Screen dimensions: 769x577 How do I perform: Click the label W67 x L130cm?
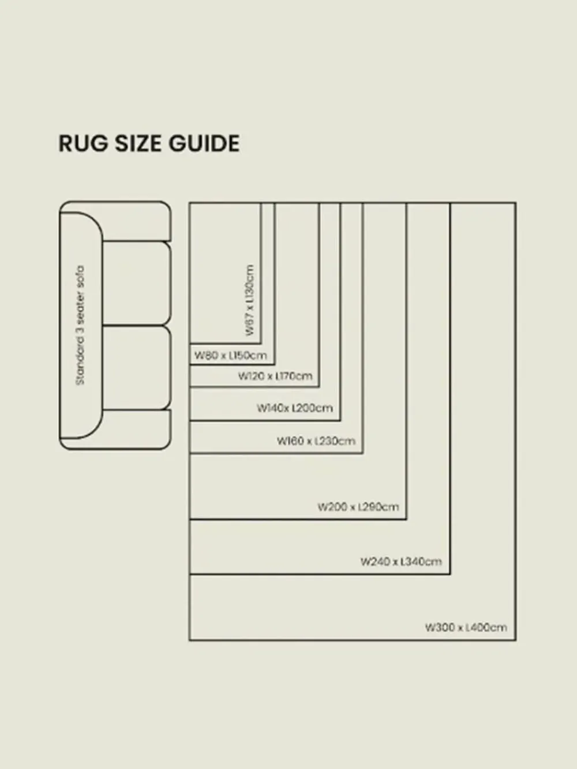pos(249,300)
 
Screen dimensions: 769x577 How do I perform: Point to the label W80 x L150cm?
pos(230,355)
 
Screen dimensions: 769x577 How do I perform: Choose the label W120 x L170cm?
pos(275,376)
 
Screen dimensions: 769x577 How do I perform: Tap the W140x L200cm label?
pos(295,408)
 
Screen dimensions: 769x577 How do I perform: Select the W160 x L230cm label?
pos(316,441)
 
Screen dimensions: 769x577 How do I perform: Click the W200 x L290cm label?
pos(358,507)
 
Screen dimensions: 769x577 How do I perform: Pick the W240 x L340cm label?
pos(401,561)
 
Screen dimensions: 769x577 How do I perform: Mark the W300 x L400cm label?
pos(466,627)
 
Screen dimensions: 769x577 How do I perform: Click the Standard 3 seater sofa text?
pos(80,325)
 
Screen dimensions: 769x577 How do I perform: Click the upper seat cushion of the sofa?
pos(136,283)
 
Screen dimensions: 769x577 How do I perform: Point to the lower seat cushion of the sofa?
pos(136,368)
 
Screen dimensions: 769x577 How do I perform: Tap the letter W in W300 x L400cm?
pos(430,627)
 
